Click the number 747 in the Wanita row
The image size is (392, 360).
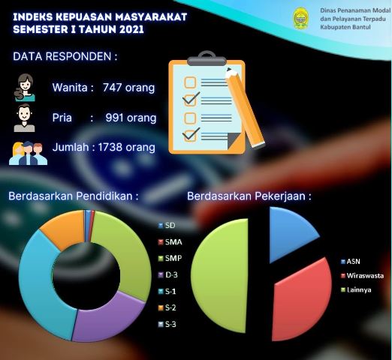pyautogui.click(x=112, y=88)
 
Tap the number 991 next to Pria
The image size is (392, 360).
pyautogui.click(x=115, y=118)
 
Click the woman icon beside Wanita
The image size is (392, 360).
pyautogui.click(x=25, y=87)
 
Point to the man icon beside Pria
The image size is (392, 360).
pyautogui.click(x=24, y=118)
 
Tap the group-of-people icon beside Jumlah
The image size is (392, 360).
pyautogui.click(x=28, y=153)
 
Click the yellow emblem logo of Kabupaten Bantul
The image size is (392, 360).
pyautogui.click(x=301, y=18)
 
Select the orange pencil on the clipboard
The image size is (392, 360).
pyautogui.click(x=245, y=107)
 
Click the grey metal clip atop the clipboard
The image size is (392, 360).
pyautogui.click(x=207, y=59)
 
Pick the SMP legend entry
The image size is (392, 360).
pyautogui.click(x=170, y=258)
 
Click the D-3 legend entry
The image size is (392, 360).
pyautogui.click(x=168, y=275)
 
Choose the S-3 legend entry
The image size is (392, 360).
pyautogui.click(x=167, y=324)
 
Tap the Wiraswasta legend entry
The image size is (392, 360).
pyautogui.click(x=362, y=276)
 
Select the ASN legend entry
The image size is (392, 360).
pyautogui.click(x=351, y=262)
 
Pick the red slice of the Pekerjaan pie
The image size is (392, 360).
pyautogui.click(x=303, y=300)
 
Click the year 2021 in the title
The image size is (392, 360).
pyautogui.click(x=131, y=29)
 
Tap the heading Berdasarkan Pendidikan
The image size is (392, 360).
pyautogui.click(x=74, y=196)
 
